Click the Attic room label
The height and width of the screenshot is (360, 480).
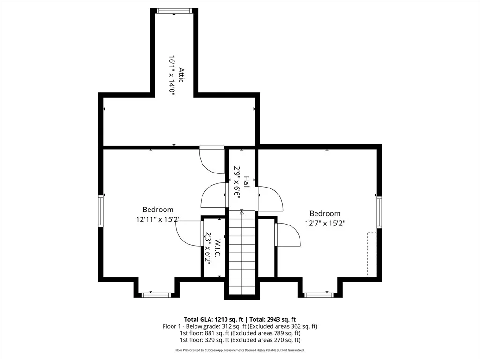181,75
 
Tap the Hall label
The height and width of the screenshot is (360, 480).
247,182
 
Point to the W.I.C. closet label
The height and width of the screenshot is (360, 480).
217,248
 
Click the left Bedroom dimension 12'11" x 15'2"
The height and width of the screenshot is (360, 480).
158,219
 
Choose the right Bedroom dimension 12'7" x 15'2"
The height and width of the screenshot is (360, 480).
325,223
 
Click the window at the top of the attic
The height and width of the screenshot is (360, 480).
174,11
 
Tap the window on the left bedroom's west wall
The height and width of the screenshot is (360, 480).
100,211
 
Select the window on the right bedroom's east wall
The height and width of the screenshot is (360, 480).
379,212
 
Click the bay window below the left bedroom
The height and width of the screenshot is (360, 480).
156,295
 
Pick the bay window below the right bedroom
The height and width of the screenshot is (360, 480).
319,295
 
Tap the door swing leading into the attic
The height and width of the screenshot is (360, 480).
211,160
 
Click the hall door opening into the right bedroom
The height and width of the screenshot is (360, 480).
270,198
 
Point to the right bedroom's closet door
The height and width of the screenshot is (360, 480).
287,234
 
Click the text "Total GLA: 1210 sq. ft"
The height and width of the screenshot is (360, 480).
213,320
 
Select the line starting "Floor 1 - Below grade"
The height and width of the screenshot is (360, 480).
240,326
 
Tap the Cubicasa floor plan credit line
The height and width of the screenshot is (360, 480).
240,350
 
